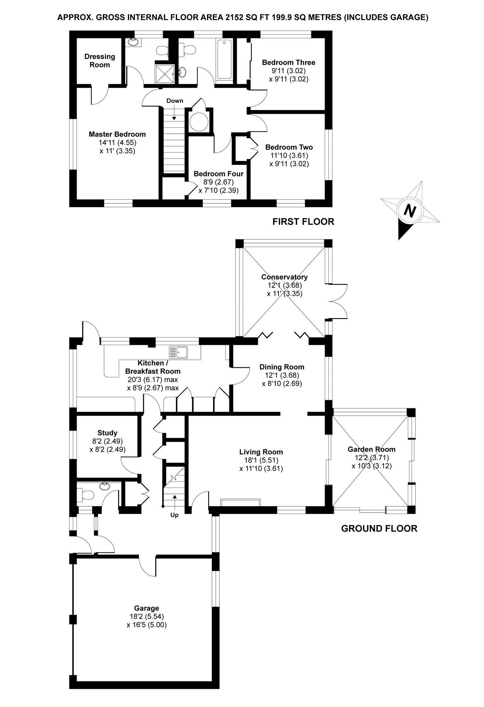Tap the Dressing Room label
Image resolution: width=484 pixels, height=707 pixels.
point(100,61)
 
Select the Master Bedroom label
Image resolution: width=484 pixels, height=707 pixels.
point(117,134)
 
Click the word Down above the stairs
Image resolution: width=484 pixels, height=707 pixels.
point(175,101)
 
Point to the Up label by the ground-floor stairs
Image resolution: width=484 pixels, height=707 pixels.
point(174,515)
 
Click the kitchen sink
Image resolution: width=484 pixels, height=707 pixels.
point(178,352)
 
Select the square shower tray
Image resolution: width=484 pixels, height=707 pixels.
point(164,74)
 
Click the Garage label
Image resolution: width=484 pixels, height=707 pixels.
point(146,608)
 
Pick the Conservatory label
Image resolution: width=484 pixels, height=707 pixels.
point(284,277)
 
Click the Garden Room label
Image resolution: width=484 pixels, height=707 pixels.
point(371,449)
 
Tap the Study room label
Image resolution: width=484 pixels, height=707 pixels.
point(107,433)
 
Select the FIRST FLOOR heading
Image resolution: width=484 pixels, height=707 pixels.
point(303,222)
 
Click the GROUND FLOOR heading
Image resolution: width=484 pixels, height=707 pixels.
point(379,529)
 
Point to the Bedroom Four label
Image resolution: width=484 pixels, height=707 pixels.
point(218,174)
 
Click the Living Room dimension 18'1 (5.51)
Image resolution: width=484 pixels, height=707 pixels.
point(261,460)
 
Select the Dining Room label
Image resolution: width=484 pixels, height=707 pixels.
point(282,367)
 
